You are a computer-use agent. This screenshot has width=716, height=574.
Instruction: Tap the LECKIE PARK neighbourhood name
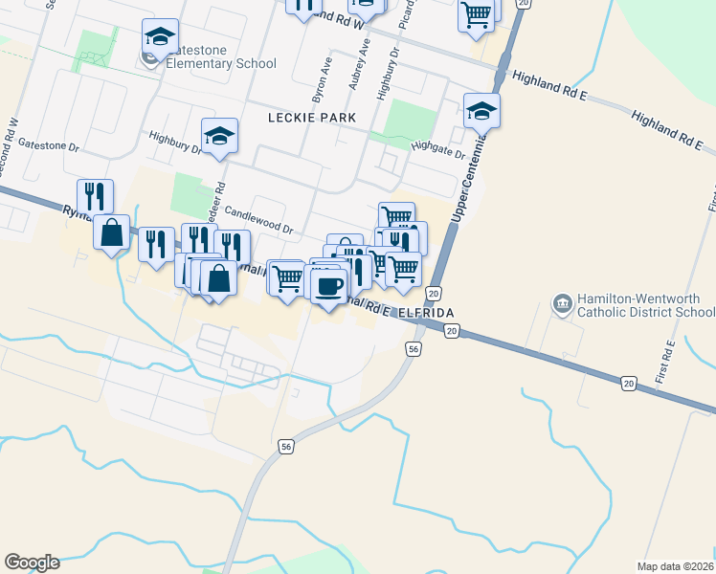coord(311,118)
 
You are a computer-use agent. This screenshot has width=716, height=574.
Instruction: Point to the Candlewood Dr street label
coord(260,223)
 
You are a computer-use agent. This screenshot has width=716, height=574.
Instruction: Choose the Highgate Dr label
coord(437,148)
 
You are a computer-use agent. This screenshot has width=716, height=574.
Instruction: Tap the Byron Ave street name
coord(322,85)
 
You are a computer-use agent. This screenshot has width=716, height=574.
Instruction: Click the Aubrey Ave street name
coord(358,66)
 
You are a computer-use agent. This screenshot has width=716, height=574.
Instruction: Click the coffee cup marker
coord(329,286)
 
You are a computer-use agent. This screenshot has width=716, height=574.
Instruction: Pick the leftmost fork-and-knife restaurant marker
coord(95,196)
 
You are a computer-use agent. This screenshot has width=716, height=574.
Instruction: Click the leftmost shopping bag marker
coord(112,232)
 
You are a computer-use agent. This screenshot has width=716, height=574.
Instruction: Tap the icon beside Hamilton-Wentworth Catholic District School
coord(562,305)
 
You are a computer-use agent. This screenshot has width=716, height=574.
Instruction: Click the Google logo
coord(32,562)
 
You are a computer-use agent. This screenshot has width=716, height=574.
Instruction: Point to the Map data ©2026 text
coord(675,566)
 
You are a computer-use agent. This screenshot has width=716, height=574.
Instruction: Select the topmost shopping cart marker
coord(476,13)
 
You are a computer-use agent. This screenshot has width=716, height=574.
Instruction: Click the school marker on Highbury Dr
coord(219,136)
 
